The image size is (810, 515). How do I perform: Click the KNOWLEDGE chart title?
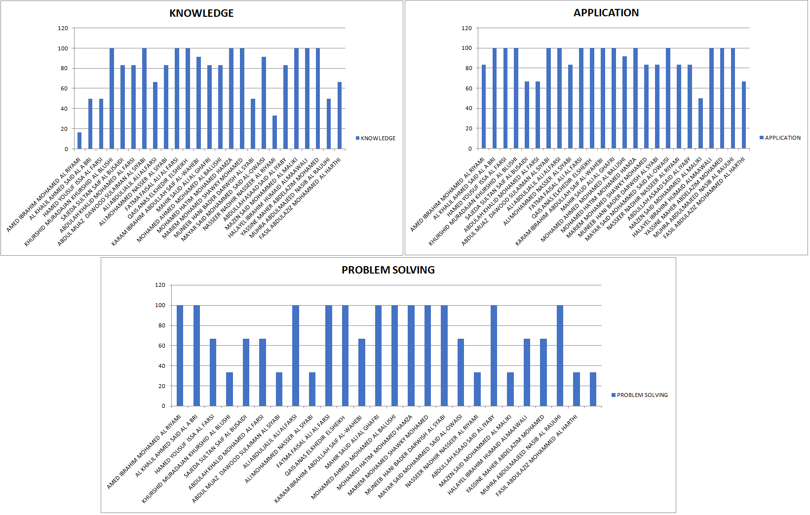[x=201, y=13]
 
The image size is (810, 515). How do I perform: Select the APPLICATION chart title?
[x=606, y=13]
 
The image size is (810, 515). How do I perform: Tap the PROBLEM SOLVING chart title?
[x=388, y=270]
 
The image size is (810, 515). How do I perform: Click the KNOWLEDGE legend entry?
[x=376, y=138]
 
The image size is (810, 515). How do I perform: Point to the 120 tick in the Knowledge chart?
[x=63, y=28]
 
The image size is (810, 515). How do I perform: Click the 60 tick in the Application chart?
[x=468, y=88]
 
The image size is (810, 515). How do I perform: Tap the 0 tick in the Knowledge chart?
[x=66, y=149]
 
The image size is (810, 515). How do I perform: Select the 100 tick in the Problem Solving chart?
[x=160, y=305]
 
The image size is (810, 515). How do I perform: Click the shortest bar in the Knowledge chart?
[x=79, y=141]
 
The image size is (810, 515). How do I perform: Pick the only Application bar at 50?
[x=700, y=123]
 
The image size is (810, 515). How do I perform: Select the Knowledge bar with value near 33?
[x=275, y=132]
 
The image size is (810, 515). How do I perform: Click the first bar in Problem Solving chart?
[x=180, y=356]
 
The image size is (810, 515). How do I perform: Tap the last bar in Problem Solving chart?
[x=593, y=389]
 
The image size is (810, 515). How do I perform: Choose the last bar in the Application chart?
[x=744, y=115]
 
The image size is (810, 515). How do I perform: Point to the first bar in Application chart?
[x=484, y=107]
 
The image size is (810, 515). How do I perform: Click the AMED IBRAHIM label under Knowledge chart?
[x=44, y=195]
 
